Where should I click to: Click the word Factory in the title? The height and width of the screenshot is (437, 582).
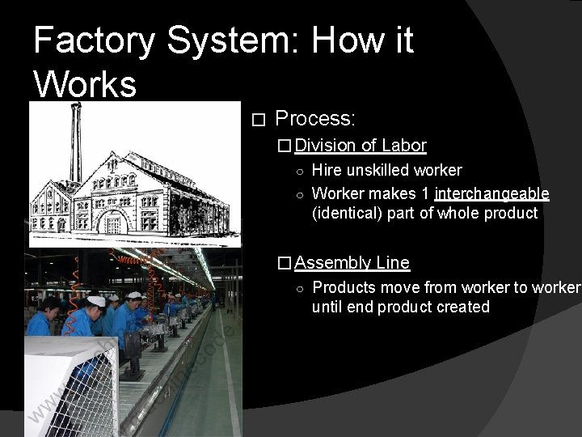[94, 40]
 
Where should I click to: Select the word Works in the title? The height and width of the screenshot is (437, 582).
[85, 83]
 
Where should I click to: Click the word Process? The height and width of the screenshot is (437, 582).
[315, 119]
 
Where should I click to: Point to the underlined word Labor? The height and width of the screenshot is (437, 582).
[403, 146]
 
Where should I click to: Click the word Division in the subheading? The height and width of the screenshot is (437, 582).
[326, 146]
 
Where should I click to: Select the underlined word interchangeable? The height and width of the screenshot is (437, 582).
[491, 194]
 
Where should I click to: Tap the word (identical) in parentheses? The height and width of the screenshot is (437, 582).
[346, 214]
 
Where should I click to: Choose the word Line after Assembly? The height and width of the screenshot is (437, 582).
[393, 263]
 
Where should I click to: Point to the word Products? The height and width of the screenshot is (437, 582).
[344, 288]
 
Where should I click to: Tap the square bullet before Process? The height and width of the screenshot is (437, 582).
[259, 121]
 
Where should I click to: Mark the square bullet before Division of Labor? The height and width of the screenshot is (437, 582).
[284, 146]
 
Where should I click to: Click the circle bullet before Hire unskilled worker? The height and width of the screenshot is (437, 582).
[299, 172]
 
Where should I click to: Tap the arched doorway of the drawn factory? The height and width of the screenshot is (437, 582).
[113, 223]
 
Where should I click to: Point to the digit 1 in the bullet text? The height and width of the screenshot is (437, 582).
[424, 194]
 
